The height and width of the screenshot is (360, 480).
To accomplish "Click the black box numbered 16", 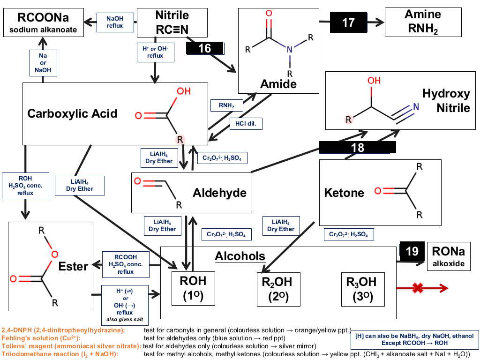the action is tap(204, 48).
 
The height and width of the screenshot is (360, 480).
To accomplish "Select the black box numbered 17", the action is tap(348, 22).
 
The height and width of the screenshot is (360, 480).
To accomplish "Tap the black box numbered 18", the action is tap(357, 147).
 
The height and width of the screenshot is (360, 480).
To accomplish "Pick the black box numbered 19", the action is tap(412, 251).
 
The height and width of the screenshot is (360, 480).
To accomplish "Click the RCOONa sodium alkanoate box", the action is tap(44, 22).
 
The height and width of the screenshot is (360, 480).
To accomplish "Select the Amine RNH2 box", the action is tap(423, 22).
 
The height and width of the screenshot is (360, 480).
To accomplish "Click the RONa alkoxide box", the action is tap(449, 256).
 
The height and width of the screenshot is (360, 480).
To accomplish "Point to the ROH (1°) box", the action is tap(193, 288).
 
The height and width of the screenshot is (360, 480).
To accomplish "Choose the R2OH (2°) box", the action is tap(278, 289).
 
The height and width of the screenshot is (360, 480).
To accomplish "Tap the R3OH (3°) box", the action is tap(363, 289).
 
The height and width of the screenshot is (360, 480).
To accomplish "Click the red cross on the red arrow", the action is tap(418, 288).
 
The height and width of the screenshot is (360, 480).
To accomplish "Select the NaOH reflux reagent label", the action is tap(115, 22).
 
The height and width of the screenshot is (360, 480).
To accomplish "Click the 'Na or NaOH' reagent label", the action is tap(43, 63).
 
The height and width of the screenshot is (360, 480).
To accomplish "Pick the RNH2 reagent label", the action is tap(226, 105).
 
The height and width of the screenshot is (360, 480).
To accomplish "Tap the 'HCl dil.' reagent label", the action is tap(246, 124).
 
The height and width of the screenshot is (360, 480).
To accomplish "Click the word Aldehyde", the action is tap(219, 193).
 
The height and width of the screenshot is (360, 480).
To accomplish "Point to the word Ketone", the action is tap(344, 193).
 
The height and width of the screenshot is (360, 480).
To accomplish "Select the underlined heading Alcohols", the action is tap(240, 256).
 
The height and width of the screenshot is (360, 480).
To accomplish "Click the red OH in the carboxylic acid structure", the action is tap(184, 91).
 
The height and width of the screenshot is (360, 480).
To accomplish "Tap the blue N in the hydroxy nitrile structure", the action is tap(416, 106).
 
